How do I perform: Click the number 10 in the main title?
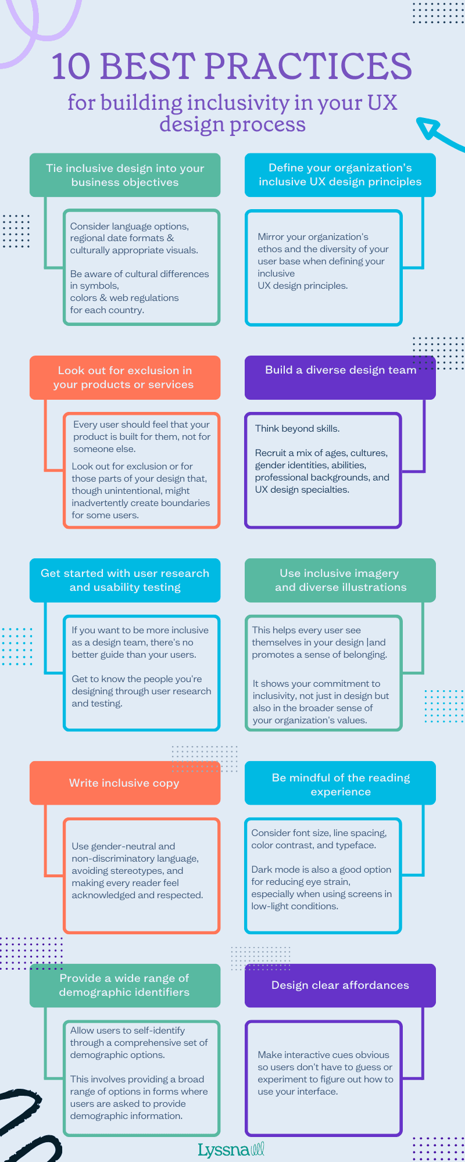click(x=71, y=66)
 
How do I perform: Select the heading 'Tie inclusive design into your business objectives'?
click(x=125, y=175)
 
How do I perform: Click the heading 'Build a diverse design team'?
click(x=340, y=371)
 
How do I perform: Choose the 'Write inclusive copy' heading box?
click(x=125, y=783)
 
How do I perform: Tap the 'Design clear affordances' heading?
click(x=340, y=985)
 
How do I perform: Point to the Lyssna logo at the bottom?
click(x=231, y=1150)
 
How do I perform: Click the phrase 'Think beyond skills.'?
click(x=297, y=429)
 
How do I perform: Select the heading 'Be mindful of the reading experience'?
click(x=340, y=784)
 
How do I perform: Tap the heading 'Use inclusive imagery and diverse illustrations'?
click(x=340, y=580)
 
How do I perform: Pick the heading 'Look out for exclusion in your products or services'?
click(x=125, y=378)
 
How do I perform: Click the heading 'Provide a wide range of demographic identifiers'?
click(x=125, y=985)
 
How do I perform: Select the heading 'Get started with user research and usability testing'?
click(x=125, y=580)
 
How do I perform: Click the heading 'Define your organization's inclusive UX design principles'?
click(x=340, y=175)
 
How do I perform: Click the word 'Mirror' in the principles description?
click(x=271, y=237)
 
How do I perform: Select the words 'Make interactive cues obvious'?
click(x=323, y=1055)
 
